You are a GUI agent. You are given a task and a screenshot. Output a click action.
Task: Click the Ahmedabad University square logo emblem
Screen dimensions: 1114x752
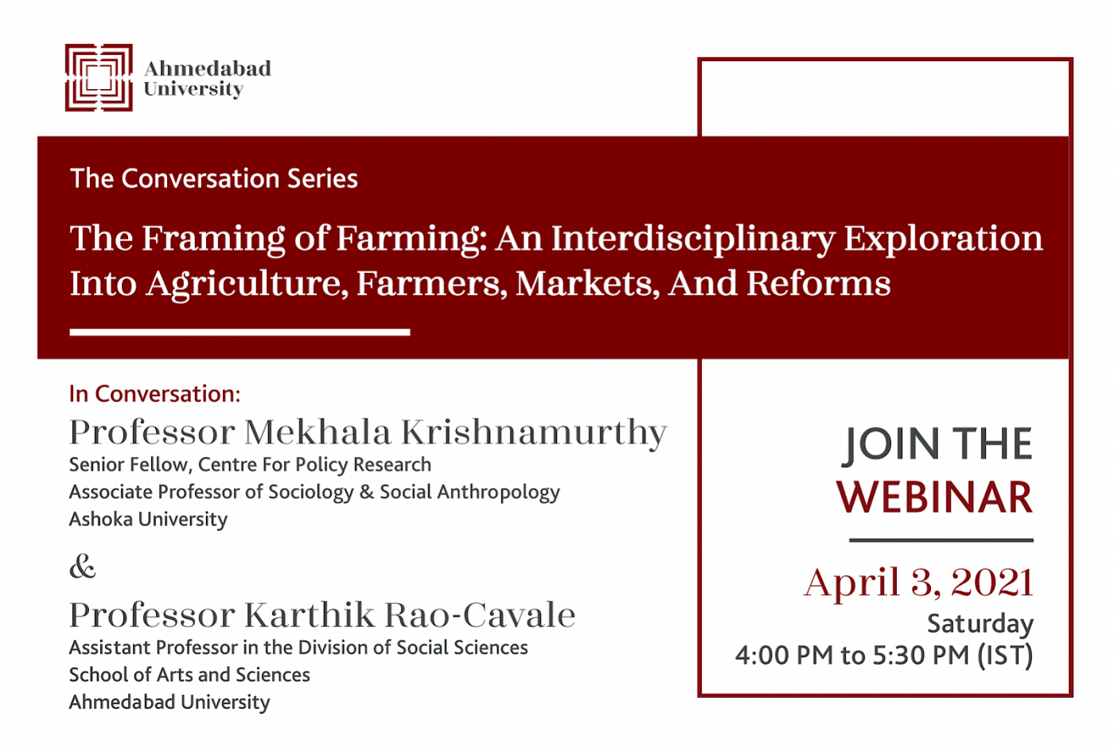[99, 78]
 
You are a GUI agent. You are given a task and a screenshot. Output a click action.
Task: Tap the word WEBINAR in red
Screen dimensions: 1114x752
[935, 497]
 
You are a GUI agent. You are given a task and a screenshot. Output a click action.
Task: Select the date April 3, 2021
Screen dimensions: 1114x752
[918, 583]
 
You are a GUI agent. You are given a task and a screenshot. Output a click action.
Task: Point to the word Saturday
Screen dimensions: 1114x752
[980, 625]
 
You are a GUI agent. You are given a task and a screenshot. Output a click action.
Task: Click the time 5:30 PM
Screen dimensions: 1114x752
[921, 655]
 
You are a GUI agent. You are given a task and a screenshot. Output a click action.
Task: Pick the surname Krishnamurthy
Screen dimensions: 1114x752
[534, 434]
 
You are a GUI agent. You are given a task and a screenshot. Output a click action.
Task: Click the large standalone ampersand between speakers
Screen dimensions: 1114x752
[83, 567]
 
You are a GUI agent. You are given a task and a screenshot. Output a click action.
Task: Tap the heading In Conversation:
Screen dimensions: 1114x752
[154, 394]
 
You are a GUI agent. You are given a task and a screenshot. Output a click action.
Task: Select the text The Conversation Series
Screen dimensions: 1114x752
[214, 178]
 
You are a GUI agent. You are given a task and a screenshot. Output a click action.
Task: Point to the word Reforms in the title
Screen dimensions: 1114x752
[819, 283]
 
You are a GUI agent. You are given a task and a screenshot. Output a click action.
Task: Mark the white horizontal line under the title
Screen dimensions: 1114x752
[240, 333]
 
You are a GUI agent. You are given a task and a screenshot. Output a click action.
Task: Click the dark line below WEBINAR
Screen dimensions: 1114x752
[941, 540]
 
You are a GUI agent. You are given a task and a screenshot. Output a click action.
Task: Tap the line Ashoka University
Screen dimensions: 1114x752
[148, 519]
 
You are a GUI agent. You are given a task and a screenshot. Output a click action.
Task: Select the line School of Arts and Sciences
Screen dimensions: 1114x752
[189, 675]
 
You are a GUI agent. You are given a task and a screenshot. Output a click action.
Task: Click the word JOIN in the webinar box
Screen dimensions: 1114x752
[890, 444]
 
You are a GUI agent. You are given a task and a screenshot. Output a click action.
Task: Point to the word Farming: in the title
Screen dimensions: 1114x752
[408, 240]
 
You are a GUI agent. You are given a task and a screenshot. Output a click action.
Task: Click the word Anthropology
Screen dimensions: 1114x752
[499, 493]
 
